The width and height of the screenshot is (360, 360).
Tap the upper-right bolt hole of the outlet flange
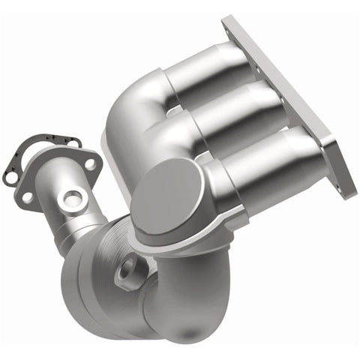[x=89, y=163]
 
